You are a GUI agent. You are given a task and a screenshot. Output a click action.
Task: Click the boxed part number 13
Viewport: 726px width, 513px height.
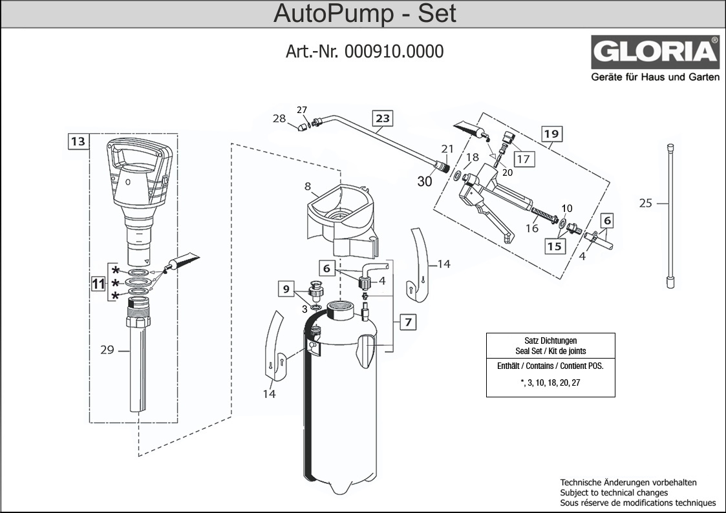[78, 141]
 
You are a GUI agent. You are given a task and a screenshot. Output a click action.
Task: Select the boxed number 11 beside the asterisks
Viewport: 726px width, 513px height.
[98, 282]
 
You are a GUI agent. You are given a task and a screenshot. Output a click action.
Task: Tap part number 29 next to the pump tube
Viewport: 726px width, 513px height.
[107, 350]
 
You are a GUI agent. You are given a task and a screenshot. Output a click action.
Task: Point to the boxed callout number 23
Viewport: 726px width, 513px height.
[383, 118]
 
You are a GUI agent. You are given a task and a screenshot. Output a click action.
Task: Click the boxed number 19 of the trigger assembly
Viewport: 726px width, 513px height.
[551, 134]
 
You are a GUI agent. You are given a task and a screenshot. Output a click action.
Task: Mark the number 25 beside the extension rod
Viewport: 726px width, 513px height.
[645, 204]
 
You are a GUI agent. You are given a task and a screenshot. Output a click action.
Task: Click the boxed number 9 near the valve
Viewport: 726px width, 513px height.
[286, 289]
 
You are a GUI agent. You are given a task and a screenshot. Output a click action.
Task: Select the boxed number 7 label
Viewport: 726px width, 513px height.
[407, 321]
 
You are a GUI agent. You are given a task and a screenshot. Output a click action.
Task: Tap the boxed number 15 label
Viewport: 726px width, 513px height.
[555, 246]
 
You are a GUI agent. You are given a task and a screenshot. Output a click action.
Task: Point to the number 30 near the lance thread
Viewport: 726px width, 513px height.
[424, 182]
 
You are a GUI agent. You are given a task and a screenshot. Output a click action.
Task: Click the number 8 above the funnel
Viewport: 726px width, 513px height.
[307, 187]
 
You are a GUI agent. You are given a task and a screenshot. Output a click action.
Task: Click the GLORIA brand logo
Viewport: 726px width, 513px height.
[655, 52]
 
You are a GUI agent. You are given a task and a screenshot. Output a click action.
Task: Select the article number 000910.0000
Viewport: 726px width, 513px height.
[394, 52]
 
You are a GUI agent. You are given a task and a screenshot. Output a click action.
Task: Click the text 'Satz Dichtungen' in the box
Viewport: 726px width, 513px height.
[550, 340]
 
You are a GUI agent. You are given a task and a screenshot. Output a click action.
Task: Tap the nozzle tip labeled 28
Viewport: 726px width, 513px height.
[301, 128]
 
